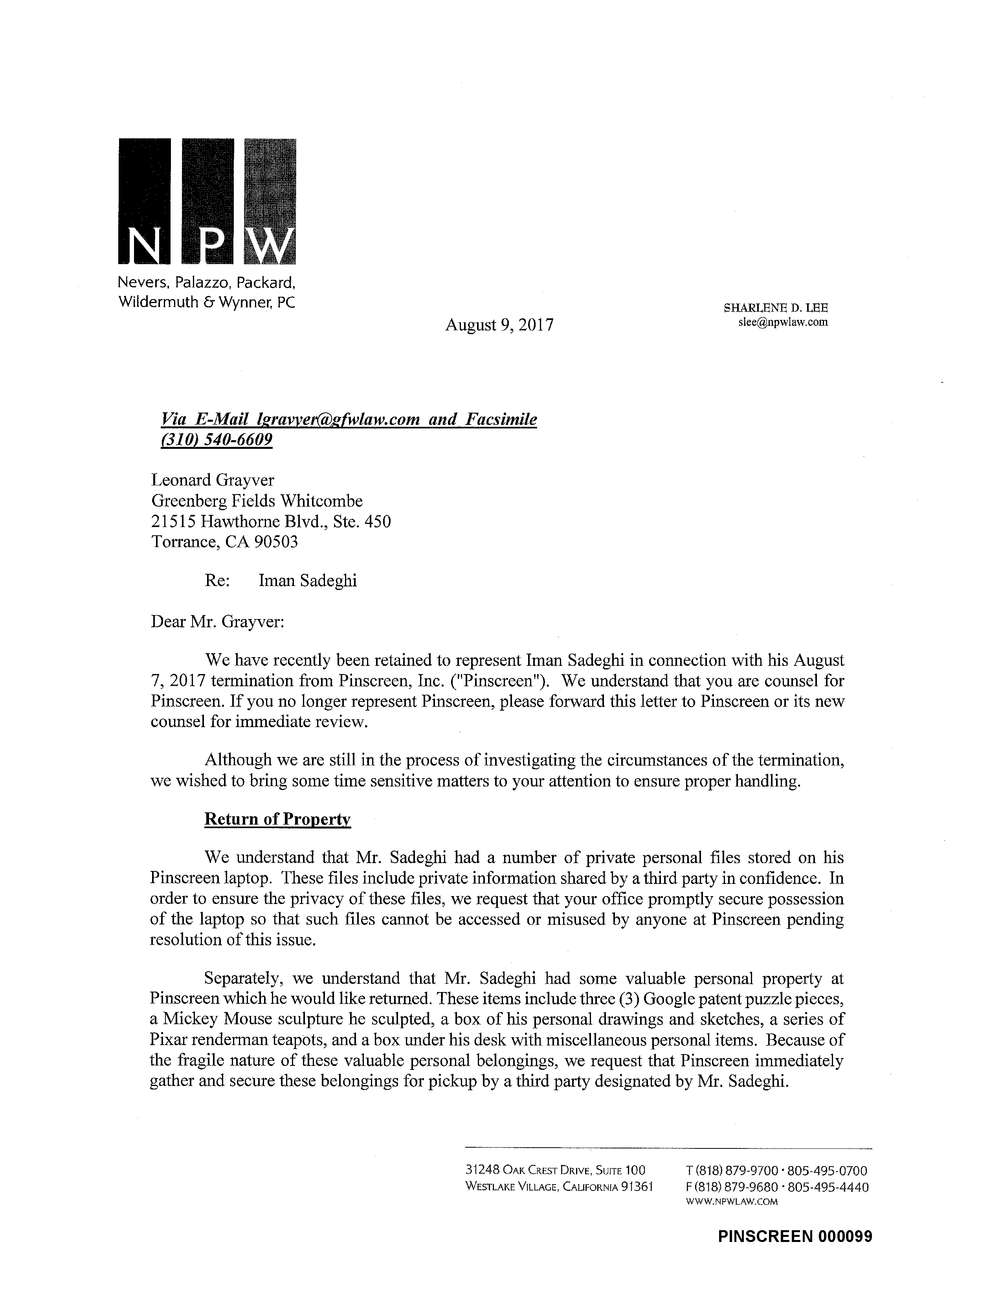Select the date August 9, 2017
click(x=499, y=325)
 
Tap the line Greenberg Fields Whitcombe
click(x=257, y=501)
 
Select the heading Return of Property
click(x=277, y=819)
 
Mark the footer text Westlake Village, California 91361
click(x=559, y=1187)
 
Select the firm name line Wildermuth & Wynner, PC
click(x=207, y=302)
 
